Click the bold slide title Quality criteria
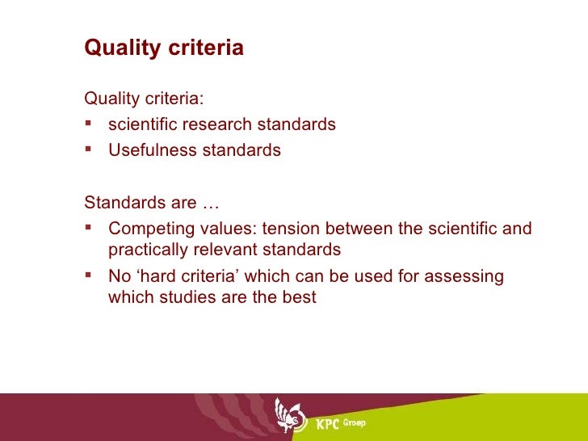pyautogui.click(x=163, y=48)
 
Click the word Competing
pyautogui.click(x=145, y=229)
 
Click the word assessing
pyautogui.click(x=467, y=277)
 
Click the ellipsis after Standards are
pyautogui.click(x=211, y=202)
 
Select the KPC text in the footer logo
pyautogui.click(x=327, y=424)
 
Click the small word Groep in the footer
pyautogui.click(x=355, y=422)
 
